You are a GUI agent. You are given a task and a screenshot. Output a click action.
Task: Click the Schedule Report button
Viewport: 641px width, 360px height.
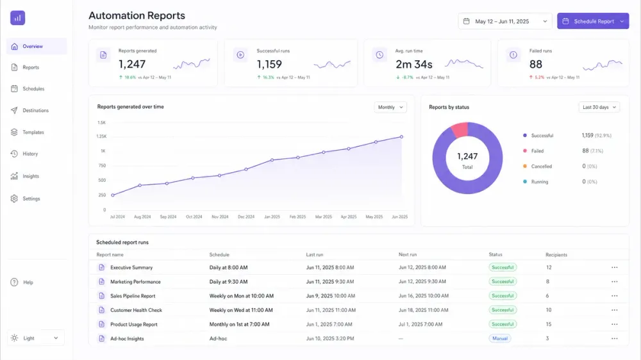[593, 21]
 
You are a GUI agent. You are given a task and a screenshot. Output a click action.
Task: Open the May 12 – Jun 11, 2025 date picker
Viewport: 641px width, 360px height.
[505, 21]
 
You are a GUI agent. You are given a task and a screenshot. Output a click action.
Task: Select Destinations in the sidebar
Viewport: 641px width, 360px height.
[35, 110]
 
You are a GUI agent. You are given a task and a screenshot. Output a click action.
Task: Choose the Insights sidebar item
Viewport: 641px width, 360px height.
[31, 176]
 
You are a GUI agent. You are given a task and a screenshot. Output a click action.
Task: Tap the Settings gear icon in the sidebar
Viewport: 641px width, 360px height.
[14, 199]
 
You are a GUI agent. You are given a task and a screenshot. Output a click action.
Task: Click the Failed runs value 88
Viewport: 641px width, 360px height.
[535, 64]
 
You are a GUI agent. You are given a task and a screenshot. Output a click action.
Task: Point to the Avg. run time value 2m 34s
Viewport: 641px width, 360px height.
[413, 64]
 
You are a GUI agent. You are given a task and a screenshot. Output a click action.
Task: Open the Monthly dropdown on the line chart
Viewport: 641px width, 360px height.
[390, 107]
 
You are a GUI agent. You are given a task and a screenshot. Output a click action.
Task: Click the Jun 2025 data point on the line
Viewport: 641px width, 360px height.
[401, 137]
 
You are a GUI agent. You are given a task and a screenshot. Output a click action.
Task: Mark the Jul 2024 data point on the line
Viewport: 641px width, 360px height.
[113, 195]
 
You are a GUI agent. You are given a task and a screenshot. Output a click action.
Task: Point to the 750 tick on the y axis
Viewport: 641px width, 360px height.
[102, 165]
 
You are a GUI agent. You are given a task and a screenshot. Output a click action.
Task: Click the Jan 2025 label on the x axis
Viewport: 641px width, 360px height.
[272, 217]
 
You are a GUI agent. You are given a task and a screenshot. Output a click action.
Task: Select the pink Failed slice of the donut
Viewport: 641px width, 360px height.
[460, 130]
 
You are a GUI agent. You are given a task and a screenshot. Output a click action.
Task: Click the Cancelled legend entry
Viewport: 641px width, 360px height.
[541, 167]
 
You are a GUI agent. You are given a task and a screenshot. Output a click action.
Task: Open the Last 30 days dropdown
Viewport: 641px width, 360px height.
[599, 107]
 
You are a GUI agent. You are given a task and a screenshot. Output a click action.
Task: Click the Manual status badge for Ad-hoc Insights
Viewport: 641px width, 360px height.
[499, 338]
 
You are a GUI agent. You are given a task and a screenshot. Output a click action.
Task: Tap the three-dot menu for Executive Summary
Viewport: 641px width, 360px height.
[615, 267]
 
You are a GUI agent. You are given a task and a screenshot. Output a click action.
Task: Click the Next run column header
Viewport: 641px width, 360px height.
[408, 254]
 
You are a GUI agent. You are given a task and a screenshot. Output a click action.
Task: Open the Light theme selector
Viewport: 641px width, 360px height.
[35, 338]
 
